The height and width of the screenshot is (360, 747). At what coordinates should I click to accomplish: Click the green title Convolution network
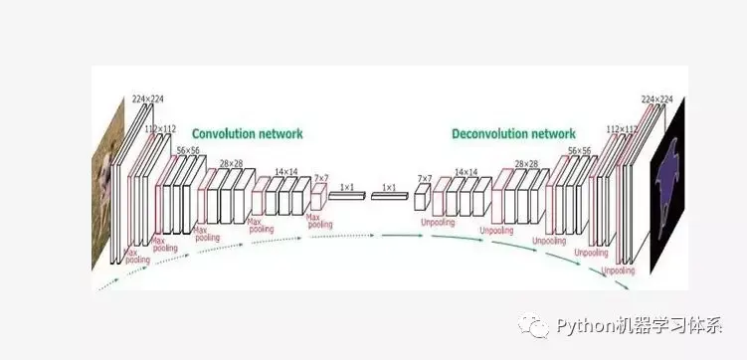point(247,132)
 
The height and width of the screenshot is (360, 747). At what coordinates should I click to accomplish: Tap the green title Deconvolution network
point(513,132)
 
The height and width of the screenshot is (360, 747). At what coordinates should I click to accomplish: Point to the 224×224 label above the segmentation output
point(656,99)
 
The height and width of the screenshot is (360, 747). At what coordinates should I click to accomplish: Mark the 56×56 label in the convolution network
point(189,150)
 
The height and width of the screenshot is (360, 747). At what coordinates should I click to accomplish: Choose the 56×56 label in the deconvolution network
point(580,150)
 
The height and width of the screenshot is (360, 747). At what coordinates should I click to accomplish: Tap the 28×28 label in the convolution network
point(231,163)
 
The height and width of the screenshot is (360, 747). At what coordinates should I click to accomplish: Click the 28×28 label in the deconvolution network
point(528,163)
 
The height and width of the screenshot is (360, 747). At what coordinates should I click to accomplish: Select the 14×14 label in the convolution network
point(285,172)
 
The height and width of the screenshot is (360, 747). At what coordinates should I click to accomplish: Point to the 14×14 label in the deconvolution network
point(467,172)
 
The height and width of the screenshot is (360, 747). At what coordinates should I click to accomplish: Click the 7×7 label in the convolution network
point(321,178)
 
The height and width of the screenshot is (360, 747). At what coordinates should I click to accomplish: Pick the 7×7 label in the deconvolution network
point(425,178)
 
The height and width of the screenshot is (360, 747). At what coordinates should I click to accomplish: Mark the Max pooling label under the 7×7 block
point(319,220)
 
